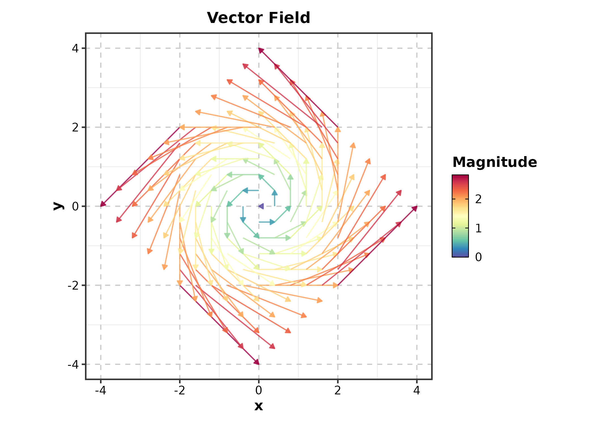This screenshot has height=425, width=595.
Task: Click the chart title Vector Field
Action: point(258,18)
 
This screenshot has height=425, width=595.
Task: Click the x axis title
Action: point(258,406)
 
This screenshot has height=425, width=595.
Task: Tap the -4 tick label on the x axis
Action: point(101,390)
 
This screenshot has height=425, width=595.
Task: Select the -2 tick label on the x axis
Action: point(180,390)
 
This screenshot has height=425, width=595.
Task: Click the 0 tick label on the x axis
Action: point(258,390)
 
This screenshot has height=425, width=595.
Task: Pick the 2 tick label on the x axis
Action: point(337,390)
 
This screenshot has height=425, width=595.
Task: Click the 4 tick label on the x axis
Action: point(416,390)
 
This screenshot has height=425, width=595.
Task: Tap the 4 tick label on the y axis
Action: point(75,48)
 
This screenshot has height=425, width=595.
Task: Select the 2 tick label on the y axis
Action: point(75,127)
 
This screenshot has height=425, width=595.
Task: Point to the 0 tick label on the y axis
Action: point(75,207)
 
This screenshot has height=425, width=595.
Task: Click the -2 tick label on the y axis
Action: point(73,286)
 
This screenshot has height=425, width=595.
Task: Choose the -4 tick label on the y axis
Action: point(73,364)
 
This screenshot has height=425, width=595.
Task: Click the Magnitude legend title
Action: point(495,162)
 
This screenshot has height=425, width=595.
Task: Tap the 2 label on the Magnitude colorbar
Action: point(478,199)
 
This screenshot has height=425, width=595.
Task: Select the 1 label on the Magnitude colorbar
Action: point(478,228)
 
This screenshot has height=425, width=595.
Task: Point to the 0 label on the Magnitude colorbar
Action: point(478,257)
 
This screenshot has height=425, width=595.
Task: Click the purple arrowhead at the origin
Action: point(261,206)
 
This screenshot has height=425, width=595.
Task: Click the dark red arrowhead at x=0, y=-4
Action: point(257,362)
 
